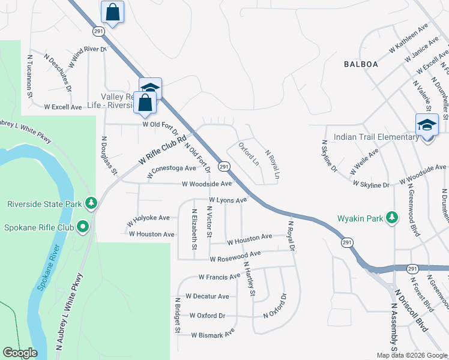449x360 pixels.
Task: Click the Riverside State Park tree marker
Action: [91, 204]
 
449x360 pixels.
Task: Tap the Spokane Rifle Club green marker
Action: [82, 227]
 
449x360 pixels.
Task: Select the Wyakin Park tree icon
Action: [391, 217]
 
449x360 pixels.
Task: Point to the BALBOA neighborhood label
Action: [362, 64]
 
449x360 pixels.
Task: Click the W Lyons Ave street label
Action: [228, 200]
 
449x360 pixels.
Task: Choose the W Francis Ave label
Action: [219, 277]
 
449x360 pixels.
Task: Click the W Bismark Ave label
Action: [212, 334]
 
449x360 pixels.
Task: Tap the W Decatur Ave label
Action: [207, 296]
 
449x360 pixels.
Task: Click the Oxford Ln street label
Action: [249, 154]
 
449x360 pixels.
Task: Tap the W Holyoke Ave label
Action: [148, 220]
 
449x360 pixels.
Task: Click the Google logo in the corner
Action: [20, 353]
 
